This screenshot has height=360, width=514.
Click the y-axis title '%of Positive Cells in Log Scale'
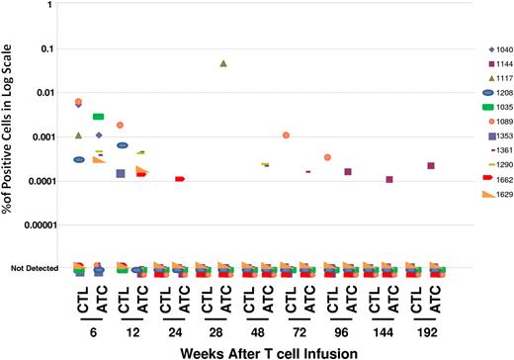click(x=10, y=138)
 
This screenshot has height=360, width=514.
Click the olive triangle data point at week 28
click(x=223, y=63)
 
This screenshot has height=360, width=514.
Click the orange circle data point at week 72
click(x=286, y=135)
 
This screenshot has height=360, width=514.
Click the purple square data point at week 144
click(x=389, y=180)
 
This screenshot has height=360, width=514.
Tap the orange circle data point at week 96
click(x=327, y=157)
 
